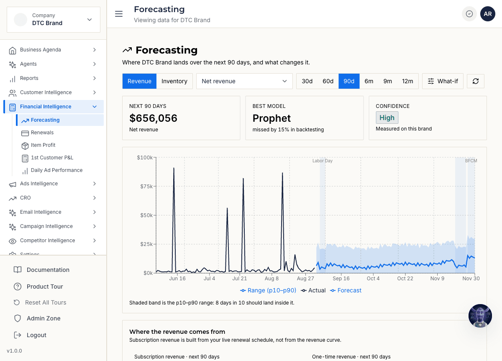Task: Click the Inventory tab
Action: click(174, 81)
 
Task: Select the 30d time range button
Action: click(307, 81)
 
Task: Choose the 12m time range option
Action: click(407, 81)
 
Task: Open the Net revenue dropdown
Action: click(244, 81)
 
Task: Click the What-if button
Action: click(443, 81)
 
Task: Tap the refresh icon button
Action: click(475, 81)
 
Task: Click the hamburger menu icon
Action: click(119, 14)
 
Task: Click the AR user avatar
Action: click(487, 14)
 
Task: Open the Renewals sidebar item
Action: click(42, 133)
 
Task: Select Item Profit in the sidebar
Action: click(43, 145)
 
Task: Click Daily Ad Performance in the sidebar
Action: click(56, 170)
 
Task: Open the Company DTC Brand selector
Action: click(54, 20)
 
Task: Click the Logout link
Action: click(36, 335)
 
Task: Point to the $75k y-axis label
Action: click(146, 187)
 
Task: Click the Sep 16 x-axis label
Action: click(341, 278)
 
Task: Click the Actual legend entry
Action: click(313, 290)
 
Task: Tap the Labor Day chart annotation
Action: click(322, 161)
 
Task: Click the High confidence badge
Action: click(387, 118)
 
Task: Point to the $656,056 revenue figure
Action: click(153, 118)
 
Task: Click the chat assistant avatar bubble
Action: click(480, 316)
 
